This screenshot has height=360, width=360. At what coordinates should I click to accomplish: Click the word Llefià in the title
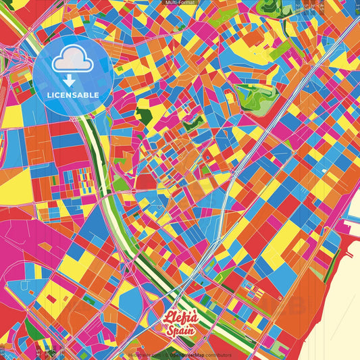pyautogui.click(x=180, y=317)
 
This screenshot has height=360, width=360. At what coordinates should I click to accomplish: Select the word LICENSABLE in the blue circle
pyautogui.click(x=74, y=95)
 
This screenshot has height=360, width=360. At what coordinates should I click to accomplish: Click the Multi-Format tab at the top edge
pyautogui.click(x=180, y=3)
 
